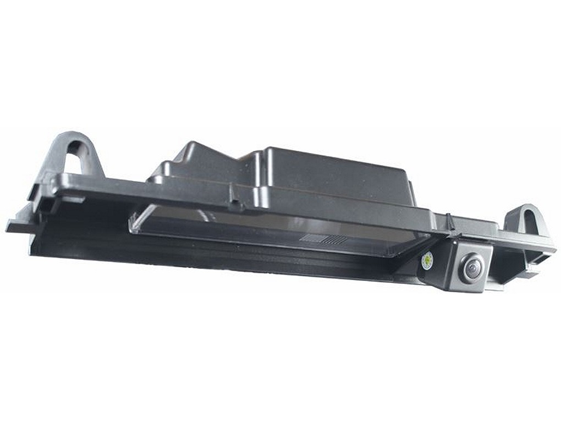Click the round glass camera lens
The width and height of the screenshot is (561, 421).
471,269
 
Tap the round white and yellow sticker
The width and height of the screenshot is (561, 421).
426,260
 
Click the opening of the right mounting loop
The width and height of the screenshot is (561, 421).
527,221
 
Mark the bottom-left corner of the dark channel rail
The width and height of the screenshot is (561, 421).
33,253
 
